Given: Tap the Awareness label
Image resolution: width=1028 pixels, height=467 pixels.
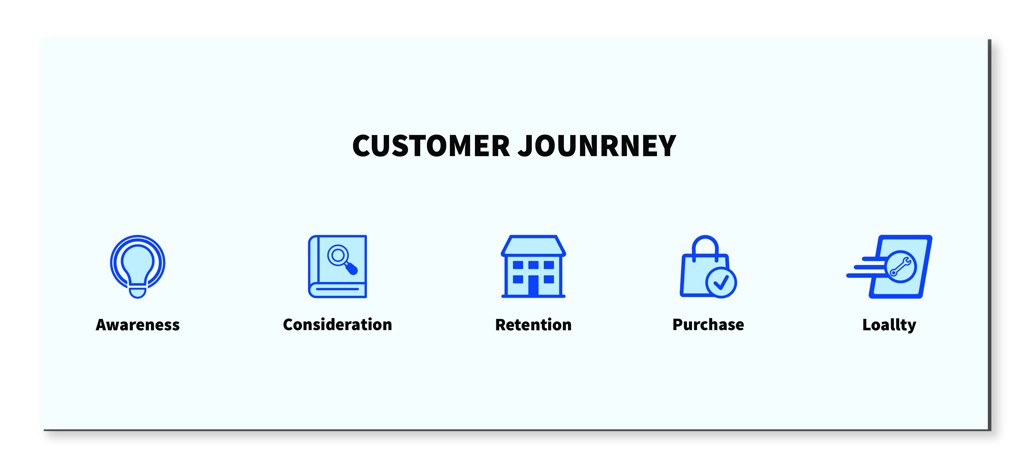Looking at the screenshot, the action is pos(138,325).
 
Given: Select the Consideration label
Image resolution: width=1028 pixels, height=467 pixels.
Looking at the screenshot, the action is pos(338,325).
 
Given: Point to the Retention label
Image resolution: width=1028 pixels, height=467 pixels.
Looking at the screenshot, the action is pos(533,325).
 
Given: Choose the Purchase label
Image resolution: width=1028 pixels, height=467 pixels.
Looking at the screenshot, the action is pos(708,325).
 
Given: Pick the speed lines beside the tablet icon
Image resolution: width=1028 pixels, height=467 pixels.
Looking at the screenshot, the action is pos(866,268).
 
